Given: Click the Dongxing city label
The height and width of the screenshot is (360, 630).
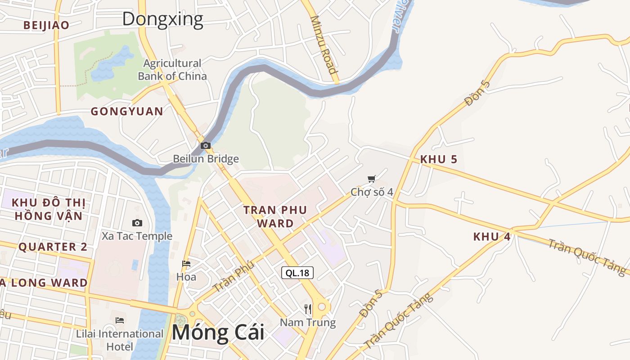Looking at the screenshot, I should [x=162, y=19].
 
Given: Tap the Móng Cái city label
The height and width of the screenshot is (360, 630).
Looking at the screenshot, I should [x=217, y=333].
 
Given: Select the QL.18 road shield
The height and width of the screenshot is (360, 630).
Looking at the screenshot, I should [x=297, y=272].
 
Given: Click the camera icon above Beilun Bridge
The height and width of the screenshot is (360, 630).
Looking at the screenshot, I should [x=206, y=145].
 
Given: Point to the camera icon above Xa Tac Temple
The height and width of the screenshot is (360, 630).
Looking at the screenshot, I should [x=137, y=223].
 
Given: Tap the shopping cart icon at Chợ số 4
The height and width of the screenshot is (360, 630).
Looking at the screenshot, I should [x=371, y=180].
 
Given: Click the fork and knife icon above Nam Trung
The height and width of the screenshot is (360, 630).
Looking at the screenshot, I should [x=308, y=309].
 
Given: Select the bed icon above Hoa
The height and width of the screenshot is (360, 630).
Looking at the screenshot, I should [x=186, y=263].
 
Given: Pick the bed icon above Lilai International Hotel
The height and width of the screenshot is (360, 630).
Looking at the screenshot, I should [x=120, y=320].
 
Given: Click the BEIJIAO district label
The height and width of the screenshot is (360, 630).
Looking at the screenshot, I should [x=46, y=25].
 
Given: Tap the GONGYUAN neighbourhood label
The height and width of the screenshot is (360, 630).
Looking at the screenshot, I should [x=127, y=111].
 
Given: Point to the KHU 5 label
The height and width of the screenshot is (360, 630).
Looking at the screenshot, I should [x=439, y=159].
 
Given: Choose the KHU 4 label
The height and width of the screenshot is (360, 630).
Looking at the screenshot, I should [x=492, y=237].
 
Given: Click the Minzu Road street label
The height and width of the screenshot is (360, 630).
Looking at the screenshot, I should [x=324, y=45].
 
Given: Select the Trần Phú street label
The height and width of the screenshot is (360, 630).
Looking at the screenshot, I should [x=234, y=277].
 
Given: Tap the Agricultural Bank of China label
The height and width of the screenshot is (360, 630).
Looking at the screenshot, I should [x=172, y=70].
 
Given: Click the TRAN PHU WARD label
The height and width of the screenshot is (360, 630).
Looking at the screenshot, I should [x=275, y=216].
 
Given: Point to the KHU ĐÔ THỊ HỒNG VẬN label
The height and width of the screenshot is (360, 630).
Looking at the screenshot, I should [x=49, y=209].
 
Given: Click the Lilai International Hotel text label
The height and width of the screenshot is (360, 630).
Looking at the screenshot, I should [x=120, y=340].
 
